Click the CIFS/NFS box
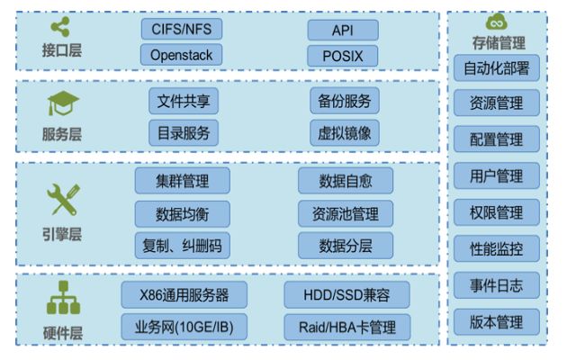pos(181,30)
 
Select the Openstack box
pos(181,55)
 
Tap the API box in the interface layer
pos(342,30)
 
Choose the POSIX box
pos(342,55)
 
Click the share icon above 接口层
pos(60,27)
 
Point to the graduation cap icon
pos(60,105)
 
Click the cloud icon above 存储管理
pos(497,22)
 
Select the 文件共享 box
pos(184,100)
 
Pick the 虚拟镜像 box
pos(344,133)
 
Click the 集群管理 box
pos(183,181)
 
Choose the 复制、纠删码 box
pos(183,245)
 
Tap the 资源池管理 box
pos(346,213)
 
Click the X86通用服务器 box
pos(184,294)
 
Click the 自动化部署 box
pos(497,67)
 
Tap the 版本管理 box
pos(497,321)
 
